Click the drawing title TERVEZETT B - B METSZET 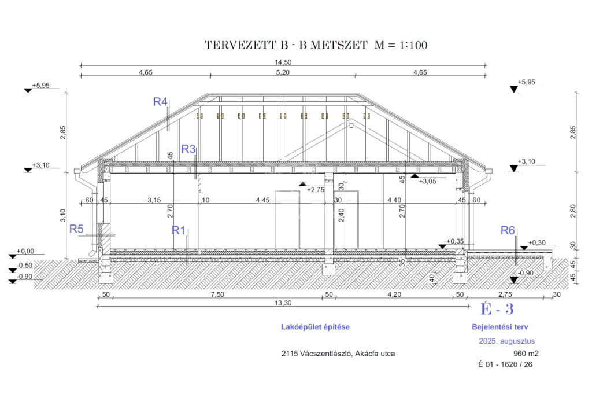(286, 45)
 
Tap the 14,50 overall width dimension (283, 62)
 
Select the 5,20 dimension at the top (283, 72)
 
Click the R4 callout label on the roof (160, 102)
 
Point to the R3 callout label (188, 149)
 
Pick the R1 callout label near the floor (179, 230)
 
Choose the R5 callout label (76, 229)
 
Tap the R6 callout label (508, 230)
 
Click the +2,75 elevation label (316, 190)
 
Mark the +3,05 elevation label (427, 181)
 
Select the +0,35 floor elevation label (455, 241)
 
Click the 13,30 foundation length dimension (283, 303)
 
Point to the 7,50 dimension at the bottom (217, 294)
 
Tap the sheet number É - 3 (497, 309)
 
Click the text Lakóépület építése (315, 327)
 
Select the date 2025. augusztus (506, 341)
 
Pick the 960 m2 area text (526, 354)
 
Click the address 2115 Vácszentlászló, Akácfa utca (338, 354)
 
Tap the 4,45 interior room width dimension (263, 200)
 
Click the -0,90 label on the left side (24, 277)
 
